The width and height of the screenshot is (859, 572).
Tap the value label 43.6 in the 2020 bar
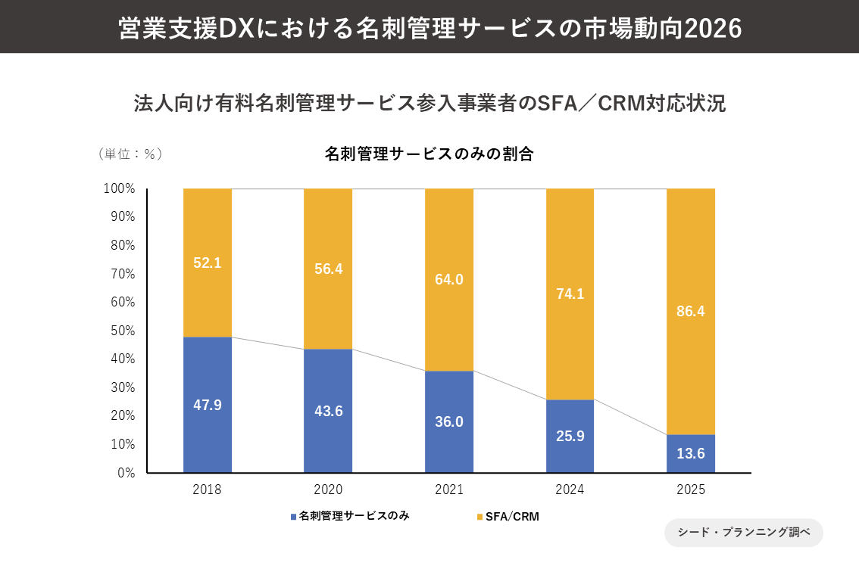point(328,411)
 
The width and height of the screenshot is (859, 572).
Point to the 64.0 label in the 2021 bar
point(449,279)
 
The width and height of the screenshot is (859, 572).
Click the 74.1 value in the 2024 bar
point(570,294)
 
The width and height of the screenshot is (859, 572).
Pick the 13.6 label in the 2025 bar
point(690,454)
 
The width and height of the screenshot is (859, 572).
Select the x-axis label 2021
point(449,490)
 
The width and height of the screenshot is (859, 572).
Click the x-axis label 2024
point(570,490)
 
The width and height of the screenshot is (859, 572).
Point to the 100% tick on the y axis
point(119,188)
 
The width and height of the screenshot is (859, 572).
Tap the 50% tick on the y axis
point(121,331)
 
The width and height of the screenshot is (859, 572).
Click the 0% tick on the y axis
point(124,473)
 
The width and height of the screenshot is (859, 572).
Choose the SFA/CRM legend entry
point(508,517)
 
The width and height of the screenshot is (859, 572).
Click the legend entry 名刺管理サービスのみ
point(350,517)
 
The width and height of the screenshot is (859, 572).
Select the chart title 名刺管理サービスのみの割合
point(429,154)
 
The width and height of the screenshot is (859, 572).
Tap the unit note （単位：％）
point(130,154)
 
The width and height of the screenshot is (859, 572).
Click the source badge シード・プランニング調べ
point(743,532)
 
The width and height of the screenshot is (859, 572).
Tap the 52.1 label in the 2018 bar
point(208,263)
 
